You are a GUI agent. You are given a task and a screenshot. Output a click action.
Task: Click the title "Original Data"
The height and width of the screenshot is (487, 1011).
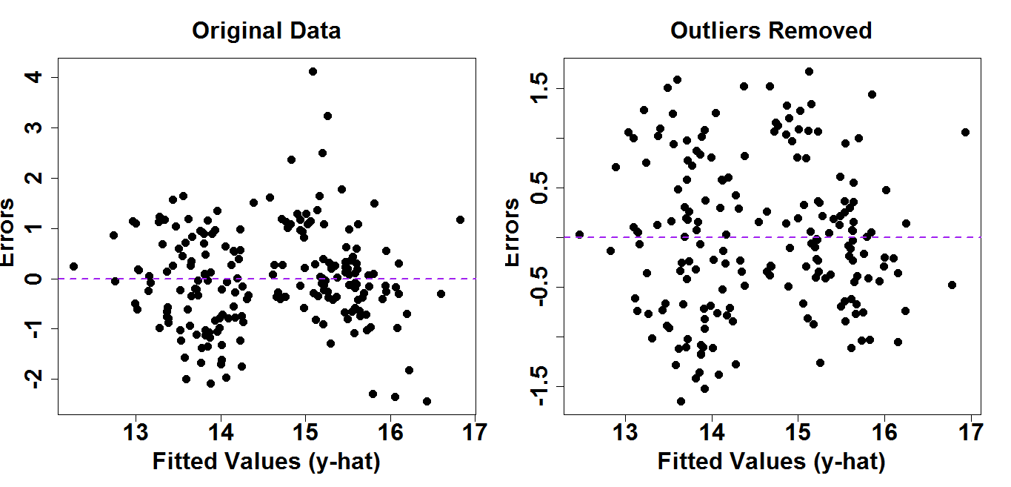pyautogui.click(x=266, y=31)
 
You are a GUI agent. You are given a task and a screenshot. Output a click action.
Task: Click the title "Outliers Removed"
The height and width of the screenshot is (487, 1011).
pyautogui.click(x=771, y=31)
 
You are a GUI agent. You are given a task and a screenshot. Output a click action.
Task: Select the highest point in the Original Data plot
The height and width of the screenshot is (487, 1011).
pyautogui.click(x=313, y=72)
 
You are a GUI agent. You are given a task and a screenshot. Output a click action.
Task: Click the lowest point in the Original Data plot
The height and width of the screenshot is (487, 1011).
pyautogui.click(x=427, y=401)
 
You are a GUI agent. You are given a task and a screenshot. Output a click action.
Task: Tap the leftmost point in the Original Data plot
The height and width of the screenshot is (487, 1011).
pyautogui.click(x=73, y=266)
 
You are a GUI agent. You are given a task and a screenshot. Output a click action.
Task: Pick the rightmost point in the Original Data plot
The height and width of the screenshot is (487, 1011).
pyautogui.click(x=460, y=219)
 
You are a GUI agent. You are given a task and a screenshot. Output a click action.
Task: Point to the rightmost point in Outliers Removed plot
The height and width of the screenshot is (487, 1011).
pyautogui.click(x=965, y=132)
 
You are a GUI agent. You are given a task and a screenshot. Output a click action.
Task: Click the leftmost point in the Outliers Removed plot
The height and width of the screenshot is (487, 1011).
pyautogui.click(x=579, y=234)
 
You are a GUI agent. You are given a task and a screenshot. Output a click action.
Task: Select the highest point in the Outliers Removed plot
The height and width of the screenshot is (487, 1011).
pyautogui.click(x=809, y=72)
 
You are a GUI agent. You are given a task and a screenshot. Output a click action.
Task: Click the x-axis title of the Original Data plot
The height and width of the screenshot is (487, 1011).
pyautogui.click(x=266, y=462)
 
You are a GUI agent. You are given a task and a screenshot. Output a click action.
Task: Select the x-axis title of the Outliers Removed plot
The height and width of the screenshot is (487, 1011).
pyautogui.click(x=771, y=462)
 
